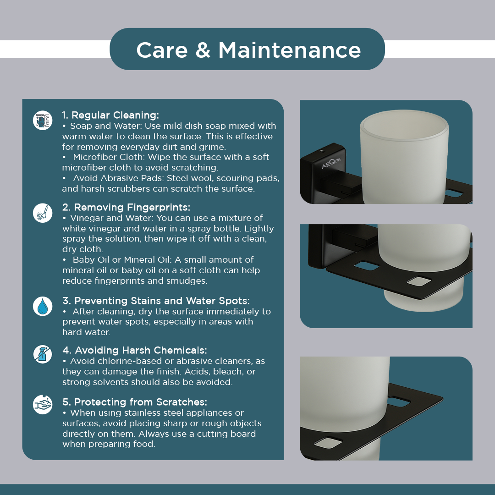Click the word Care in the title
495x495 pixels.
(162, 50)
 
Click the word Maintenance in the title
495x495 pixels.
(290, 50)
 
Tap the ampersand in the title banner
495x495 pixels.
(203, 50)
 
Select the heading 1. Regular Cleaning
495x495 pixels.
(110, 115)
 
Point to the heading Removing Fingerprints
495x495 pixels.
(132, 208)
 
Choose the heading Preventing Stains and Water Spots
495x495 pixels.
(162, 301)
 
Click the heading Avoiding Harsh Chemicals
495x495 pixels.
(141, 351)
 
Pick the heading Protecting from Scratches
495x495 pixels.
(141, 402)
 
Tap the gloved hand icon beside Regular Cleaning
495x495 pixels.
(43, 120)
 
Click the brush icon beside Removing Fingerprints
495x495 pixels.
(43, 213)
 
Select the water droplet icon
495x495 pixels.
(43, 306)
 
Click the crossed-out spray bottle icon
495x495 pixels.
(43, 354)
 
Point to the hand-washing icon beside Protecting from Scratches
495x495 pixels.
(43, 404)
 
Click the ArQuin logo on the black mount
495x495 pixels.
(331, 163)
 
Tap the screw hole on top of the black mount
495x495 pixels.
(322, 151)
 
